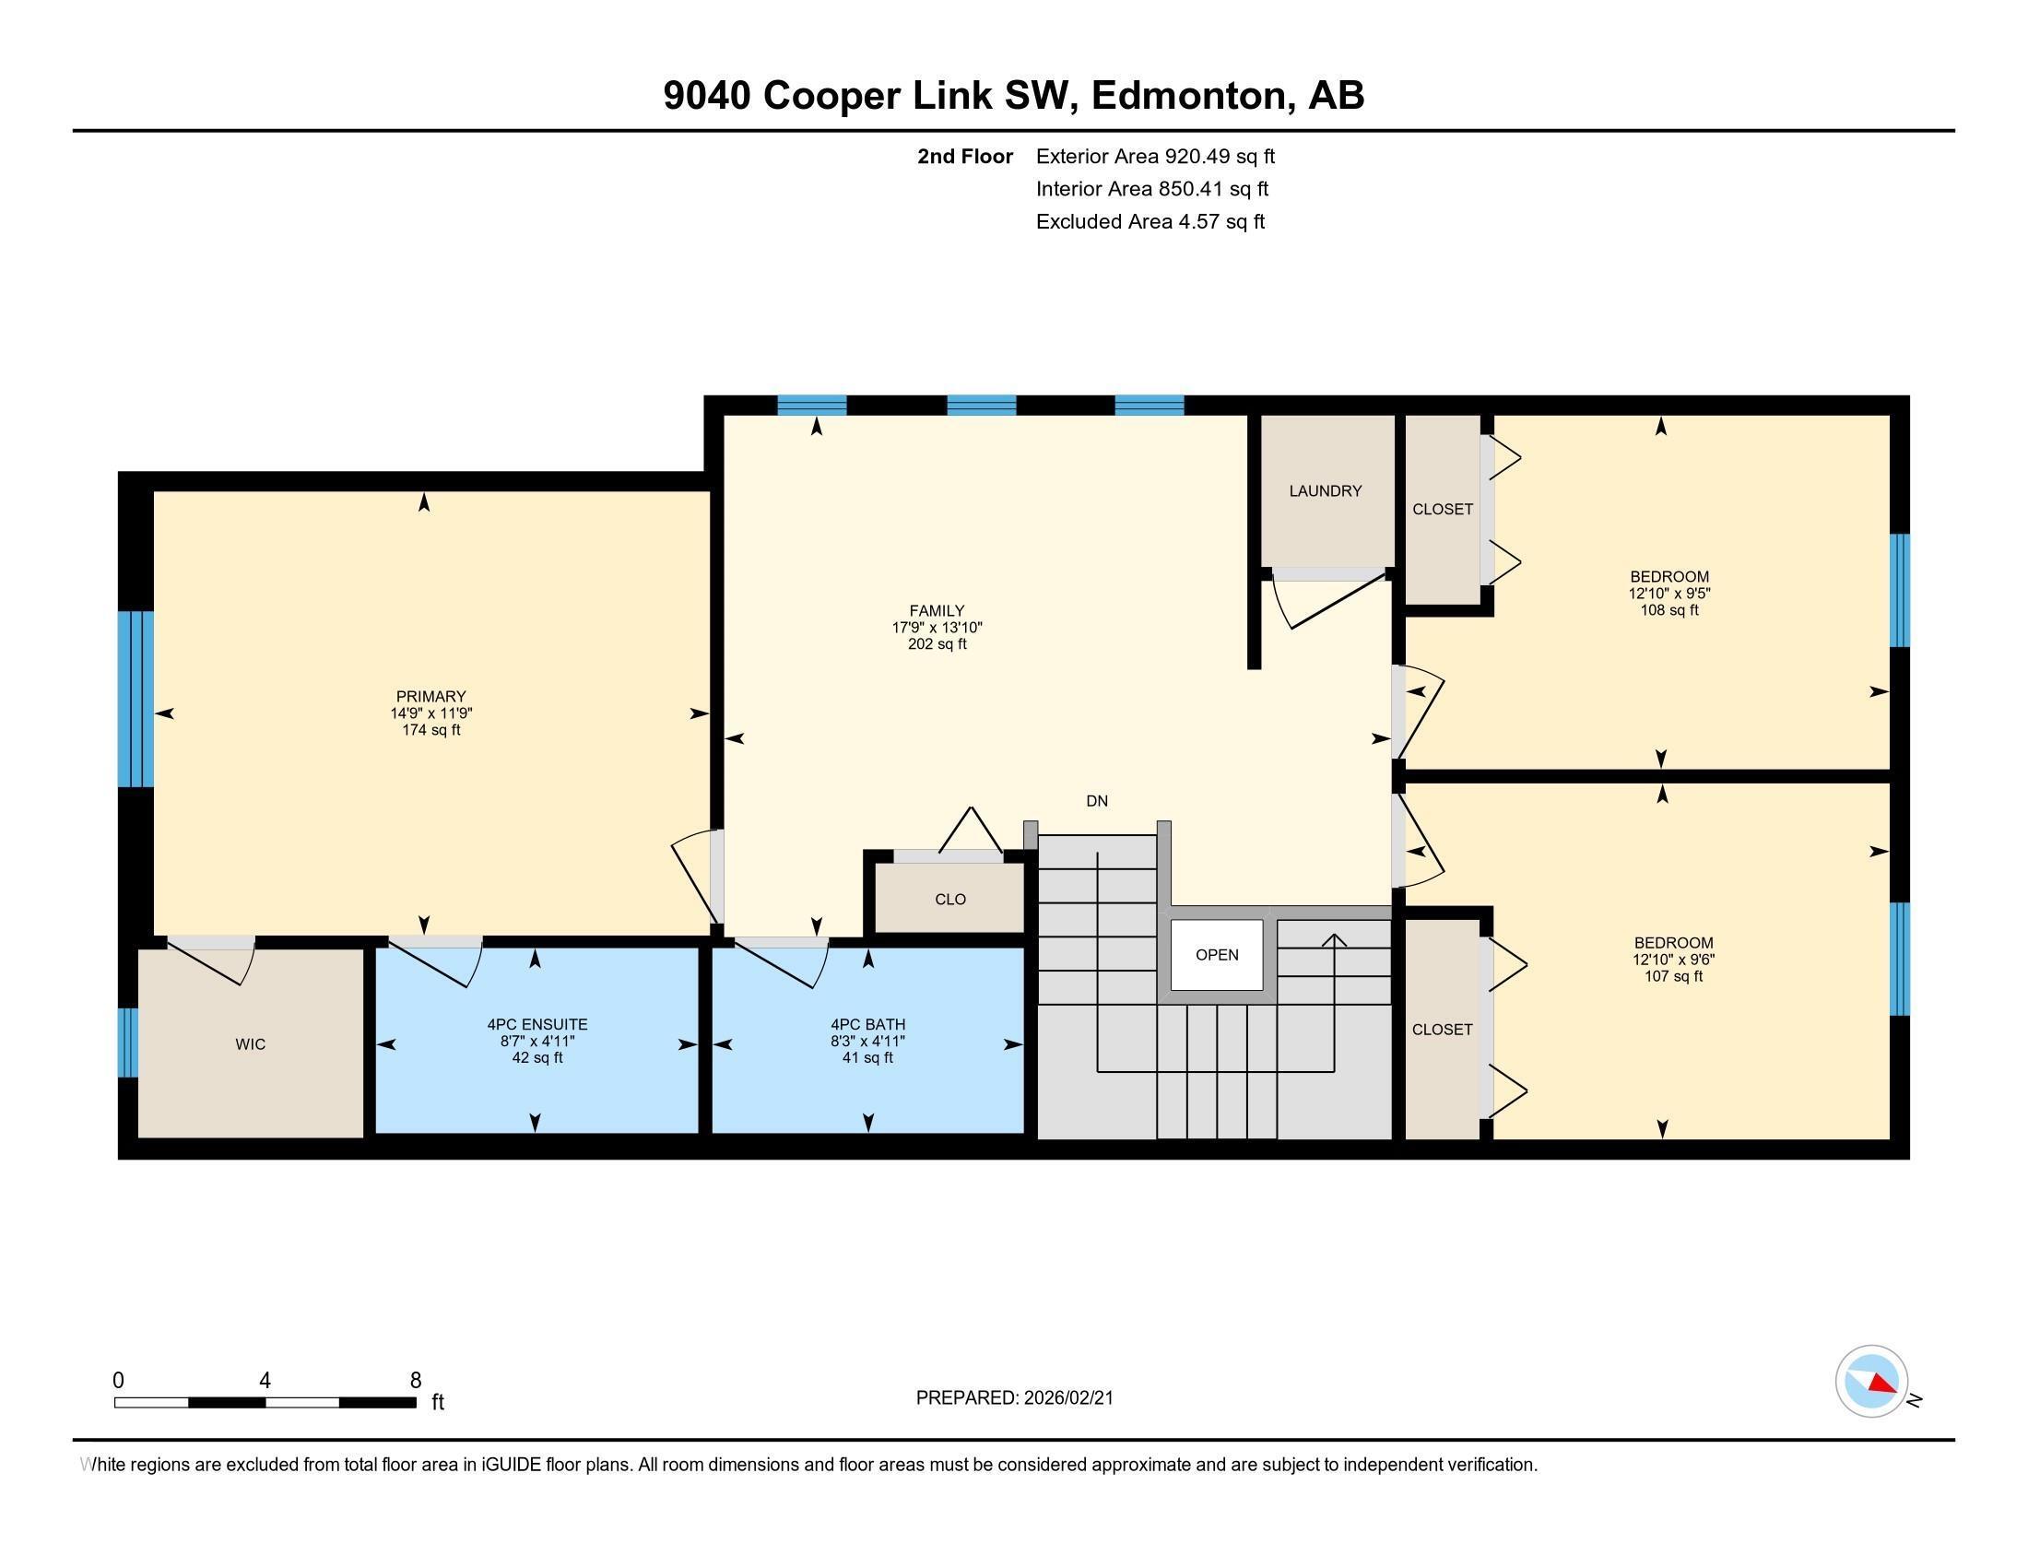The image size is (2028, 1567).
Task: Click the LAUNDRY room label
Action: [x=1325, y=491]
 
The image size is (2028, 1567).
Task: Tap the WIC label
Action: [x=250, y=1044]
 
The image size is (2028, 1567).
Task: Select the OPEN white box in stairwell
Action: [x=1217, y=954]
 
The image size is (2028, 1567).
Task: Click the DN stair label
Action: [x=1097, y=801]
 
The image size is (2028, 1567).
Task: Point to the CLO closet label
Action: [x=949, y=900]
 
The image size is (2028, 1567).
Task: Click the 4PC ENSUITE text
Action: [x=536, y=1025]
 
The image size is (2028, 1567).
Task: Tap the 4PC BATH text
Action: [x=867, y=1025]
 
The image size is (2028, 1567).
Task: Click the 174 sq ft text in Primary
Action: [x=430, y=731]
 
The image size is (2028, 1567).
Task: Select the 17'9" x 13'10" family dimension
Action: [x=937, y=628]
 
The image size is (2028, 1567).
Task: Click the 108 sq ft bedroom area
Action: [x=1668, y=611]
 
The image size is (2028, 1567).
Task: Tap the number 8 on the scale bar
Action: [x=415, y=1381]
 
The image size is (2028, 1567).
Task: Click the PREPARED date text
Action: [x=1014, y=1398]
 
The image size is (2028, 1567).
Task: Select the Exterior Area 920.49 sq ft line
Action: [x=1155, y=157]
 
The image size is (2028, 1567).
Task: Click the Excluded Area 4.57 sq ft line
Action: [x=1150, y=222]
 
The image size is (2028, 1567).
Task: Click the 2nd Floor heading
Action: [x=965, y=157]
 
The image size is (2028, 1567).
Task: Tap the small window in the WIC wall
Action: [x=128, y=1043]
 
